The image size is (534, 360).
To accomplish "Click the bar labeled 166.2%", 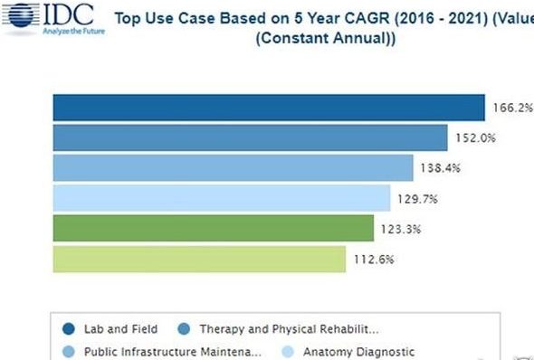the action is click(269, 108).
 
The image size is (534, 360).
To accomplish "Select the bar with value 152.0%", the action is click(251, 137).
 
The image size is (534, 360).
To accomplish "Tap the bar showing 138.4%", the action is click(234, 167).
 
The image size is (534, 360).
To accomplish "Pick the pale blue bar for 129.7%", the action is click(222, 198).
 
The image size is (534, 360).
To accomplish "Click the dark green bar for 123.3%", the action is click(214, 228).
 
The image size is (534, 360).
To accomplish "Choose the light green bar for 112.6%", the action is click(199, 259).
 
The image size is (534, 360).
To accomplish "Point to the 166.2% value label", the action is click(513, 108).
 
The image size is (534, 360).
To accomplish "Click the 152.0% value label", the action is click(475, 137).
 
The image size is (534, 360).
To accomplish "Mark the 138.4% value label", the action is click(441, 168).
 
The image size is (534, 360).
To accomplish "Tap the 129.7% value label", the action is click(417, 199).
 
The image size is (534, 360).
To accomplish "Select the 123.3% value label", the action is click(401, 229).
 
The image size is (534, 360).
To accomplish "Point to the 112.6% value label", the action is click(374, 260).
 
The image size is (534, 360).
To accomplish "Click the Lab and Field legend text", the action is click(121, 329).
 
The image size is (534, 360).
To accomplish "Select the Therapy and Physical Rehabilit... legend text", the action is click(289, 329).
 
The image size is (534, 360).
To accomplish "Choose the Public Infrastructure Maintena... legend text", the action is click(173, 352).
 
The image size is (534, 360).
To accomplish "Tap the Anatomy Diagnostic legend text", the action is click(359, 352).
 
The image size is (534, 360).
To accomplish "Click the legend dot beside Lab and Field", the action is click(69, 329).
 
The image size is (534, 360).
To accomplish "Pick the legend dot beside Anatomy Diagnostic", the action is click(288, 352).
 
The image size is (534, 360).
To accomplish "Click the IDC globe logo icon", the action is click(21, 15).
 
